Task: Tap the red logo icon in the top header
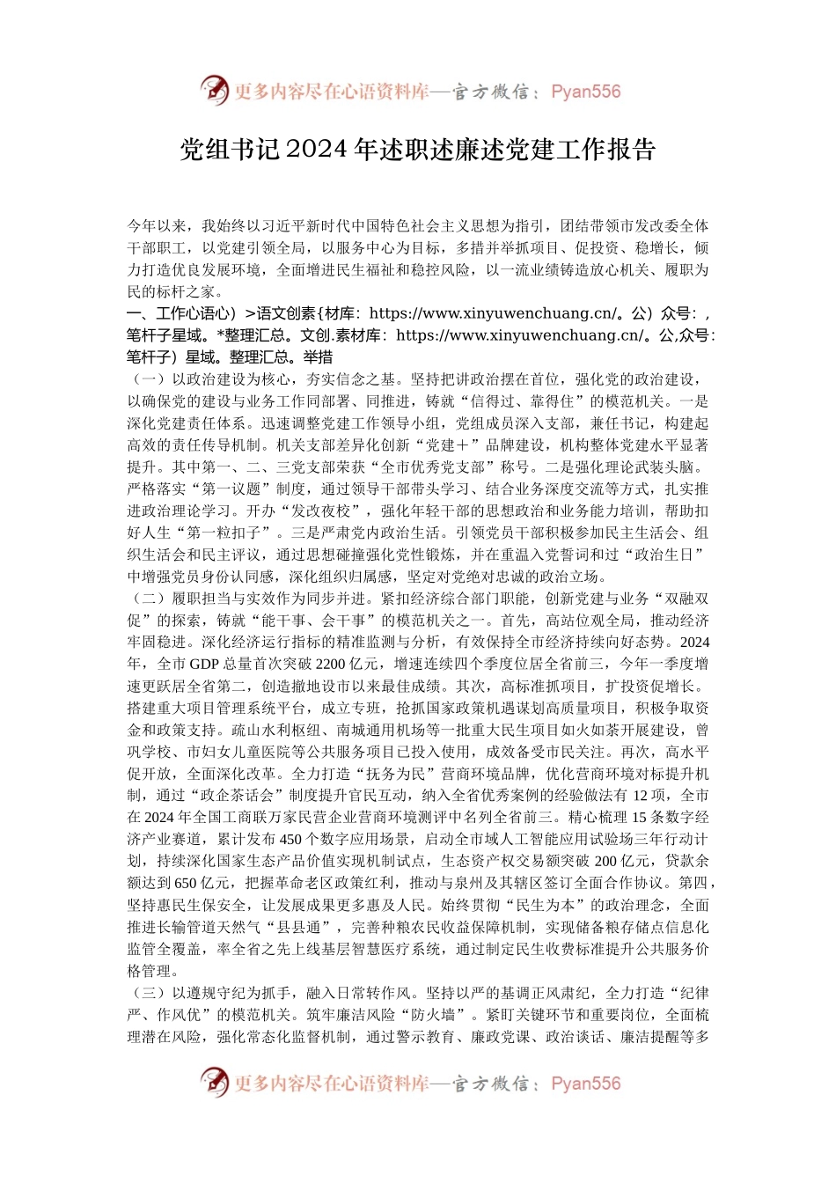pos(214,91)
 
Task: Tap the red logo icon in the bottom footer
pos(214,1083)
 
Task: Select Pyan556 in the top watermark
pos(585,92)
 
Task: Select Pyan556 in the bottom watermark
pos(585,1084)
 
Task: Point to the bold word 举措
pos(318,357)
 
